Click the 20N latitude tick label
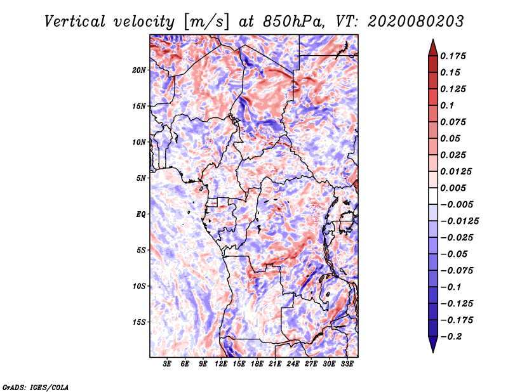click(x=139, y=70)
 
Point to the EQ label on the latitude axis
click(x=141, y=214)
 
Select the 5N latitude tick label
click(x=141, y=178)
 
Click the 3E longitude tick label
click(x=167, y=364)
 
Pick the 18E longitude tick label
click(x=257, y=364)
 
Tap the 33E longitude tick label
click(x=347, y=364)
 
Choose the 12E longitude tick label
click(x=221, y=364)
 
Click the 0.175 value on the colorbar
click(x=453, y=56)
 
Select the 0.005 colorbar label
click(x=453, y=188)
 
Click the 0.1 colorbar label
click(x=447, y=105)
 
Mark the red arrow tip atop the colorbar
click(x=433, y=39)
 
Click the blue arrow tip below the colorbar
click(x=433, y=352)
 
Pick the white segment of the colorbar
click(x=433, y=196)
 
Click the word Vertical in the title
click(x=75, y=22)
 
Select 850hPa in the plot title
click(x=293, y=22)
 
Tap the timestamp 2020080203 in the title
click(x=416, y=22)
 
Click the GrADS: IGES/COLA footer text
click(x=36, y=388)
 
